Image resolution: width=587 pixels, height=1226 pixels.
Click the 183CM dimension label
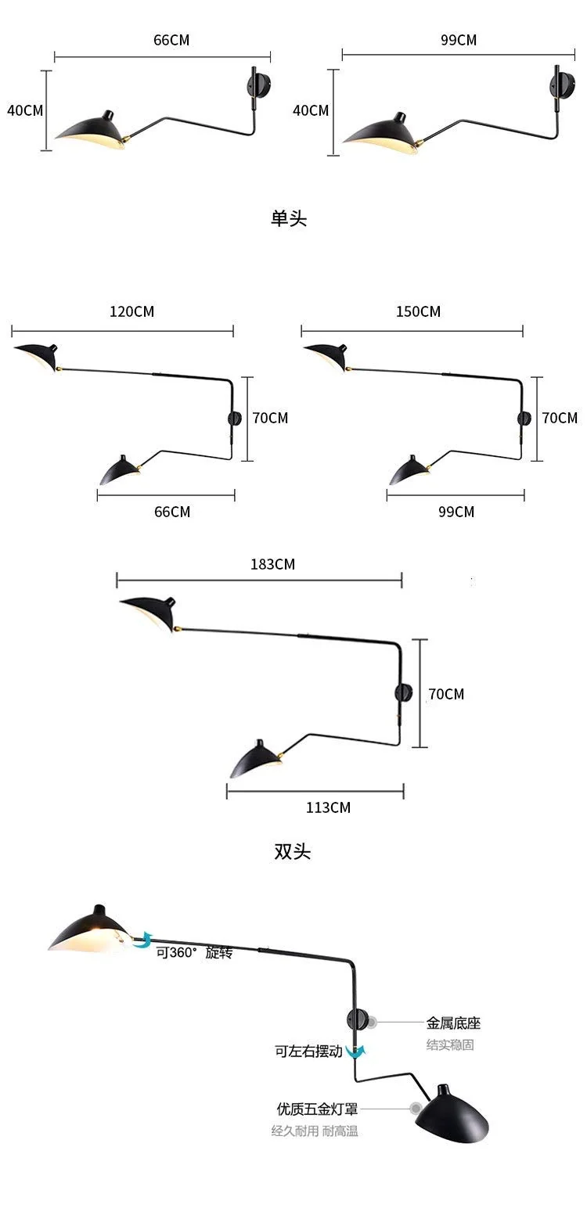(x=272, y=564)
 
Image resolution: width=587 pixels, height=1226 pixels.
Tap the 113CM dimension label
(x=328, y=808)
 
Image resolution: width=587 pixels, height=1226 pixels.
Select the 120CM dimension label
(x=132, y=312)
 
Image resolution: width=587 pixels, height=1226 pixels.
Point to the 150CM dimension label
(x=419, y=312)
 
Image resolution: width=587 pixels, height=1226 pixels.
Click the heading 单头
(x=289, y=218)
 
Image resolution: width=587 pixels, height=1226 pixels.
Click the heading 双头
(x=293, y=852)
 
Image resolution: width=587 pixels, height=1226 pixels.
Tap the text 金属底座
(x=453, y=1023)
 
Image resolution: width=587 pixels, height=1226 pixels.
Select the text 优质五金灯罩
(x=317, y=1109)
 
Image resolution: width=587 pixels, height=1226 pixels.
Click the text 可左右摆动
(x=309, y=1052)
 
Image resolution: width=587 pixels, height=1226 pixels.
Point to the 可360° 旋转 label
(x=194, y=953)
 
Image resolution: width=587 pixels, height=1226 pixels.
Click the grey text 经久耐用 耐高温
(x=315, y=1131)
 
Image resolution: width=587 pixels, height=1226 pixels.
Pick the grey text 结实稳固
(x=450, y=1045)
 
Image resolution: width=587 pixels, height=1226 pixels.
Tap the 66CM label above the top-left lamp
(x=171, y=41)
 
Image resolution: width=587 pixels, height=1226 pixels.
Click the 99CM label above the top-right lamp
(x=459, y=41)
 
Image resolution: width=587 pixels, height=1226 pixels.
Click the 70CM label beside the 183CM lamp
(x=446, y=695)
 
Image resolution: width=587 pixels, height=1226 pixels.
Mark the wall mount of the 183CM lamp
(x=404, y=693)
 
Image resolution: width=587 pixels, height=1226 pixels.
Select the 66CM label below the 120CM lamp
(x=172, y=512)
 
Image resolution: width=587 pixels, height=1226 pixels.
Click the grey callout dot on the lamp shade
(x=416, y=1109)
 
